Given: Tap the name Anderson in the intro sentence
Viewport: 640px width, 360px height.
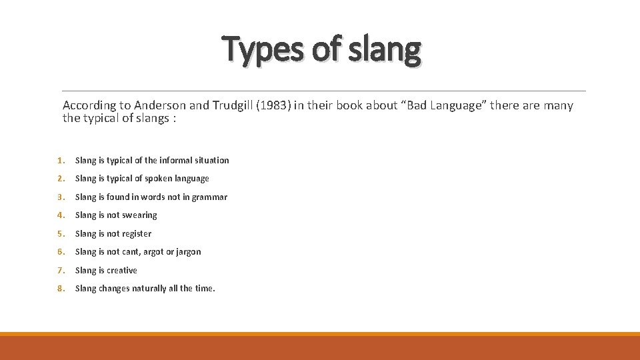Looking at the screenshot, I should point(161,105).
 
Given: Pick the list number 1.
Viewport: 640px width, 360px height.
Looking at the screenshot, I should point(59,160).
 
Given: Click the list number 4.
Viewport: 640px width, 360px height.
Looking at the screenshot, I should point(59,215).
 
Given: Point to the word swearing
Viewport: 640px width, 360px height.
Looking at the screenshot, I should point(140,215).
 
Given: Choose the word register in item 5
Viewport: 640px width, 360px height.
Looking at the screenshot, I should point(137,233).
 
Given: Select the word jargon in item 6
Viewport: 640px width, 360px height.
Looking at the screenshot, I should point(188,252).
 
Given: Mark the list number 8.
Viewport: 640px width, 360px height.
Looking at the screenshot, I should point(59,289).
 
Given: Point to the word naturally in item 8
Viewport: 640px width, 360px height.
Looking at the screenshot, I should point(151,289).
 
